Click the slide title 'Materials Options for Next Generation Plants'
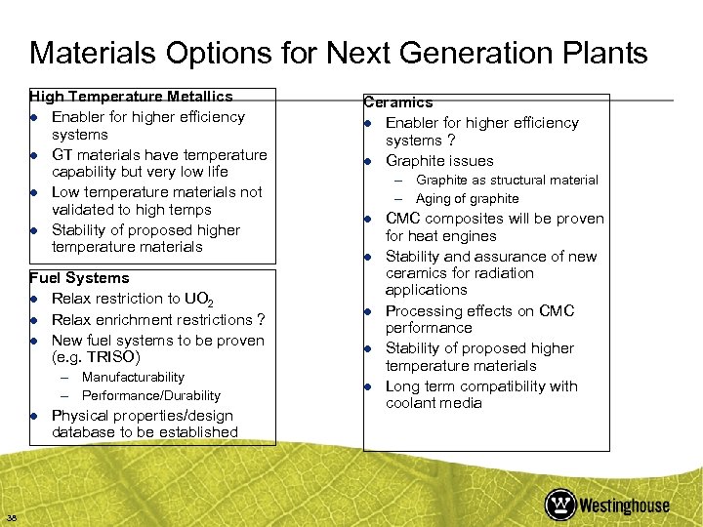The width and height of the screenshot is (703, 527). click(338, 53)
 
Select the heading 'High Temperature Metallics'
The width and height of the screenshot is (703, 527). click(131, 97)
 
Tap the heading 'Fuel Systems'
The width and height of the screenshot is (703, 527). click(79, 279)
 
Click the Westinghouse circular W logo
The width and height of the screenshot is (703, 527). click(560, 504)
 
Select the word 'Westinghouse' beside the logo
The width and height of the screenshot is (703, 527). click(625, 505)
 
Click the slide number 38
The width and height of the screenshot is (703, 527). click(11, 517)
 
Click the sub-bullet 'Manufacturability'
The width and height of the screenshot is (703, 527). click(133, 377)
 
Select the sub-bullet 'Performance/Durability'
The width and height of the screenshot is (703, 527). click(151, 395)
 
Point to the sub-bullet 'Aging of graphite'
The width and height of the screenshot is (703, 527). click(467, 199)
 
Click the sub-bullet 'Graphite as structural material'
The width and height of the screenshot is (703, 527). click(507, 180)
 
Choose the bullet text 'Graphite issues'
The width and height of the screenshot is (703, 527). click(439, 161)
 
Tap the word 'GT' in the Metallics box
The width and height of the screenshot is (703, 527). click(62, 155)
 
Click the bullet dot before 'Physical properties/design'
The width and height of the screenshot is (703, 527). click(34, 416)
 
